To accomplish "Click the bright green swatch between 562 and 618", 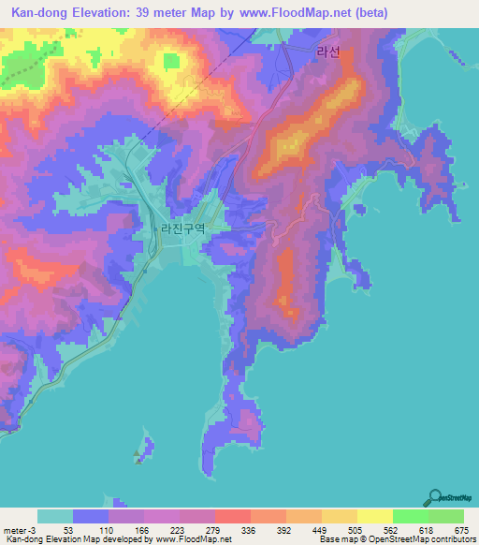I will tap(410, 516).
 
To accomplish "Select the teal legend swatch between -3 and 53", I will tap(55, 516).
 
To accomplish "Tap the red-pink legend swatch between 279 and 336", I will tap(233, 516).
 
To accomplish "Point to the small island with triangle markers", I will tap(141, 449).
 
